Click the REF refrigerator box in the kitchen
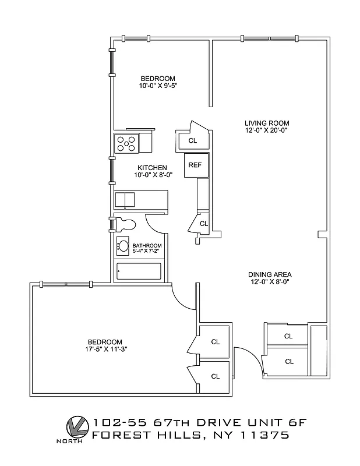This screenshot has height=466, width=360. [195, 165]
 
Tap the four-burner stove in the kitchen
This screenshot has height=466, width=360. [127, 143]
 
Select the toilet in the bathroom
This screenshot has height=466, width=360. [125, 224]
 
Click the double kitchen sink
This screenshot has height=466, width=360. [125, 200]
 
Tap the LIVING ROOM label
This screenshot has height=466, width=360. [266, 123]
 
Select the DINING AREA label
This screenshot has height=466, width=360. [269, 274]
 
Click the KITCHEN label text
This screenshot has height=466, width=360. [152, 168]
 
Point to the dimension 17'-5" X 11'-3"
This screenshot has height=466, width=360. [105, 349]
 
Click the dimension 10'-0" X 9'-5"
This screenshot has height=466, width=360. [157, 86]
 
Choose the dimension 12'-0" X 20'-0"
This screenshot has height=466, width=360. [266, 130]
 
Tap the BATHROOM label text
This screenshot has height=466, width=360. [147, 246]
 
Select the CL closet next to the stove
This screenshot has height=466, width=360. [192, 140]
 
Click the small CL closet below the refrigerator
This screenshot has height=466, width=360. [203, 224]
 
